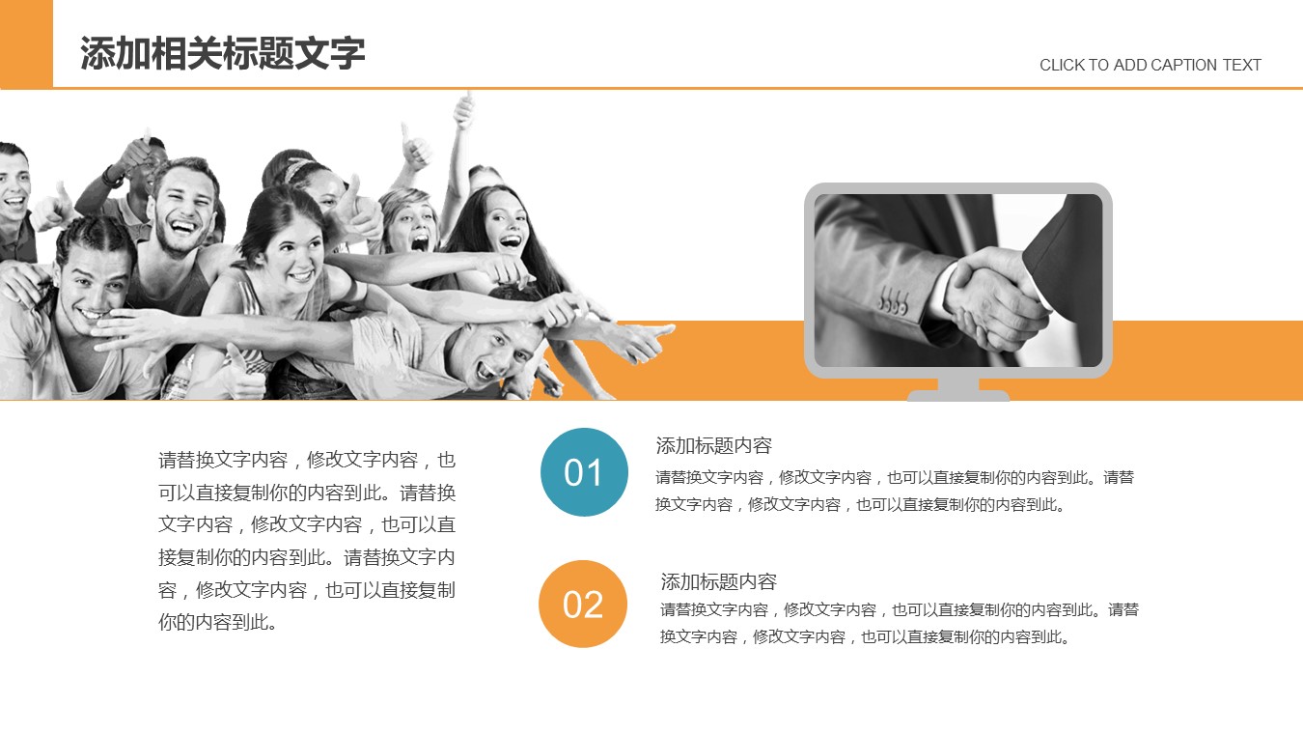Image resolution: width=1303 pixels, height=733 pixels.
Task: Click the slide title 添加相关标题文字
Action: [222, 53]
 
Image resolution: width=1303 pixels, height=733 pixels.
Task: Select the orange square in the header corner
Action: [26, 43]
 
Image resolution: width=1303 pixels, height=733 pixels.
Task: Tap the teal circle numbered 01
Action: [584, 471]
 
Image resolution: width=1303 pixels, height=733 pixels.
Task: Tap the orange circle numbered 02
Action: [583, 604]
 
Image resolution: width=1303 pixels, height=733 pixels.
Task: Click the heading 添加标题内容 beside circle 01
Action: [713, 445]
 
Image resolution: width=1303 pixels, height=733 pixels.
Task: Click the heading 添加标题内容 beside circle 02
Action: [718, 581]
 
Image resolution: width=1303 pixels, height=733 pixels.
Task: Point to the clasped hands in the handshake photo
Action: [995, 296]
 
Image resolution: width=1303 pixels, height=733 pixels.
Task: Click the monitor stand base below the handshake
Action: [958, 395]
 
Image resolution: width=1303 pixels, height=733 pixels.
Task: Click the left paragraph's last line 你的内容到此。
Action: [217, 622]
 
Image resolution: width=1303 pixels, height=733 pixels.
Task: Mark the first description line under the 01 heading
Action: [895, 477]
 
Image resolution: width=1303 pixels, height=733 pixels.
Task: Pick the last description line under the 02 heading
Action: [865, 636]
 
